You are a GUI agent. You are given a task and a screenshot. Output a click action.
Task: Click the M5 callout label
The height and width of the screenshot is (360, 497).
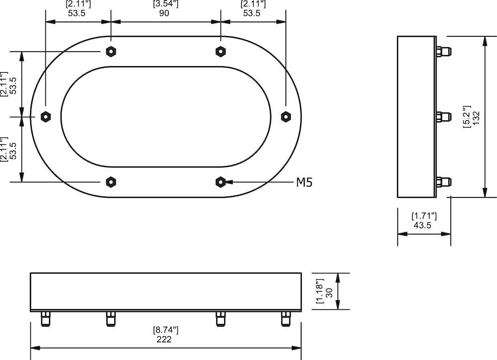pos(304,182)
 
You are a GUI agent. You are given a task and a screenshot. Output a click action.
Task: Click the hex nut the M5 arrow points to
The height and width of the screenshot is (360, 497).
pos(221,182)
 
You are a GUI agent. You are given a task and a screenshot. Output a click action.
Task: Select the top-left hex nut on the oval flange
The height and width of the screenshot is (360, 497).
pos(111,51)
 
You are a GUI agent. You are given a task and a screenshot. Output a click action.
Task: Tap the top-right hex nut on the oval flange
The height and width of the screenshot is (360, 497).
pos(221,51)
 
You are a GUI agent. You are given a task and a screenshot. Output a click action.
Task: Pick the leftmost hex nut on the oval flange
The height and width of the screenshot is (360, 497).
pos(45,116)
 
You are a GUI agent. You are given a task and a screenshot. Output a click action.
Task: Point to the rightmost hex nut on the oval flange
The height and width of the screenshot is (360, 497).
pos(286,116)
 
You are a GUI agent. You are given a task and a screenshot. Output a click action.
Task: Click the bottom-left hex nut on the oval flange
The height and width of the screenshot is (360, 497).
pos(111,182)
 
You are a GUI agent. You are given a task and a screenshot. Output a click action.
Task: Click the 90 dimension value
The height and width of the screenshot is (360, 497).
pos(165,13)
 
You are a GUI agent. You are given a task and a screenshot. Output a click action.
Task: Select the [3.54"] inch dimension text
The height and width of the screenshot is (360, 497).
pos(165,4)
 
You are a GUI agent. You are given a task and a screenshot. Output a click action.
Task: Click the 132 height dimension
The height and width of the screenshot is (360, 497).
pos(476,117)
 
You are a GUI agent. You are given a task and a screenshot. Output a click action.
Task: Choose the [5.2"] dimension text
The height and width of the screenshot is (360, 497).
pos(466,117)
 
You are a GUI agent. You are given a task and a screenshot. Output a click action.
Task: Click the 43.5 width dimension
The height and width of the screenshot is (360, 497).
pos(422,225)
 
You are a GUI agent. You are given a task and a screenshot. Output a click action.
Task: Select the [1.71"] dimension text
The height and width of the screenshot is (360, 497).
pos(424,216)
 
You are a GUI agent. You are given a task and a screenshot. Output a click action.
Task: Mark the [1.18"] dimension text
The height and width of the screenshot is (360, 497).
pos(320,291)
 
